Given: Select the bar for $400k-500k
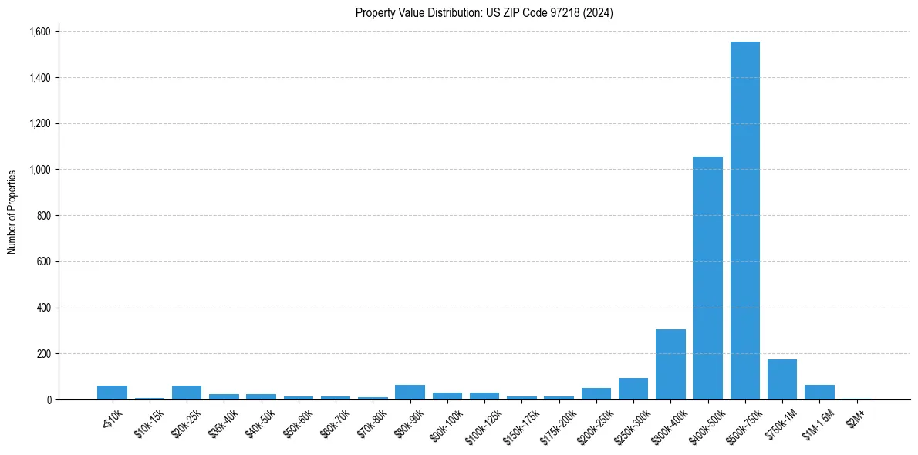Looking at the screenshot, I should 707,278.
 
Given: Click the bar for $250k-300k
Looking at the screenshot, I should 633,389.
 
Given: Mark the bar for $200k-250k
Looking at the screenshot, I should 596,393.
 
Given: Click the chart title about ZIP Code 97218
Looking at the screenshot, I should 484,13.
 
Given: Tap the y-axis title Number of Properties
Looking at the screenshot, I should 12,212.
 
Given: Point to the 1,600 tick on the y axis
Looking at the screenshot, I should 39,32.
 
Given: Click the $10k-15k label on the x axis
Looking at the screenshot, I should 148,423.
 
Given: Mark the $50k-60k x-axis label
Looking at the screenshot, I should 297,423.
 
